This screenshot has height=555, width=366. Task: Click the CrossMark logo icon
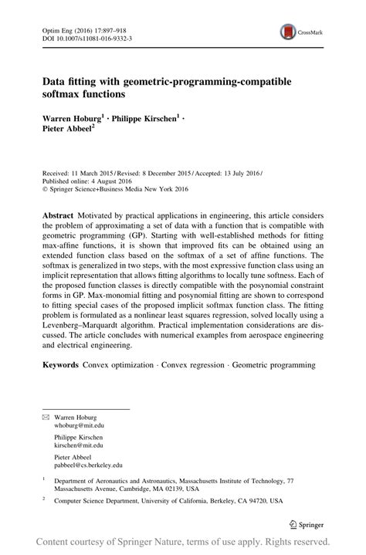[288, 32]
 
